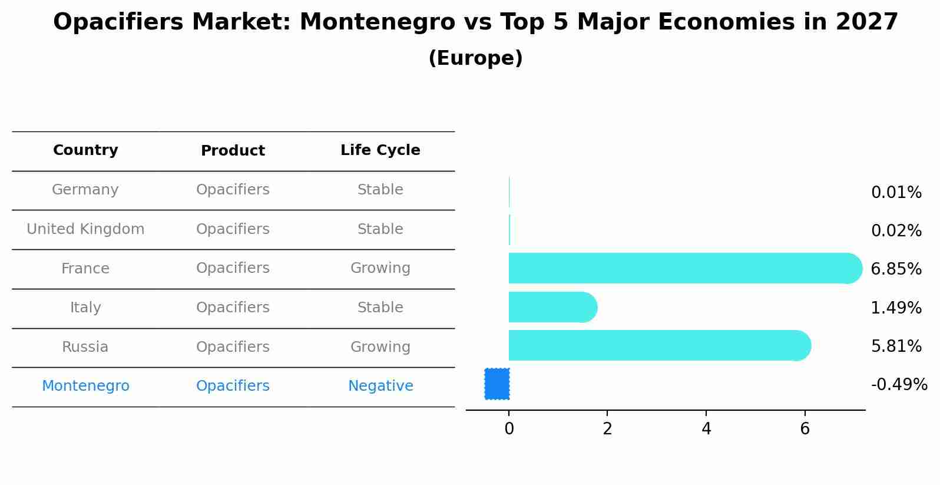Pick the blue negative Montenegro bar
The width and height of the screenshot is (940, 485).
tap(497, 384)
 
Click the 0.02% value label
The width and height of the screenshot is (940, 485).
tap(896, 230)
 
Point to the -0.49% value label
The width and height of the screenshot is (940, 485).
tap(899, 385)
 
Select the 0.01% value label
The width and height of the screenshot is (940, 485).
tap(896, 192)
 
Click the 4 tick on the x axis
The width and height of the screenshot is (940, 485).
tap(706, 429)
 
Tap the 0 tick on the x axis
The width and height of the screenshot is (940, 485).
tap(509, 429)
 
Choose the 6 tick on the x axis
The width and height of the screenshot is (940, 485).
tap(805, 429)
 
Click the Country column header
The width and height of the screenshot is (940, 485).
tap(85, 150)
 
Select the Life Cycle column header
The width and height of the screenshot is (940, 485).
tap(380, 150)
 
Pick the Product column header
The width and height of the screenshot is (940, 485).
tap(233, 151)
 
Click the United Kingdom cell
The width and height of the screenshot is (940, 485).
tap(85, 229)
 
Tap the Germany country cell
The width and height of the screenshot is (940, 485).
tap(85, 190)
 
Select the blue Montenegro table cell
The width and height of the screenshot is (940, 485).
tap(85, 386)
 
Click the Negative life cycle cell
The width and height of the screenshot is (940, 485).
tap(380, 386)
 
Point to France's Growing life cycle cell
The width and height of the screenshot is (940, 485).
tap(380, 268)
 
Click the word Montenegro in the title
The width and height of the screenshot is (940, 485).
tap(377, 22)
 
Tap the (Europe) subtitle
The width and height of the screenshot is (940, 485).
tap(475, 58)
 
